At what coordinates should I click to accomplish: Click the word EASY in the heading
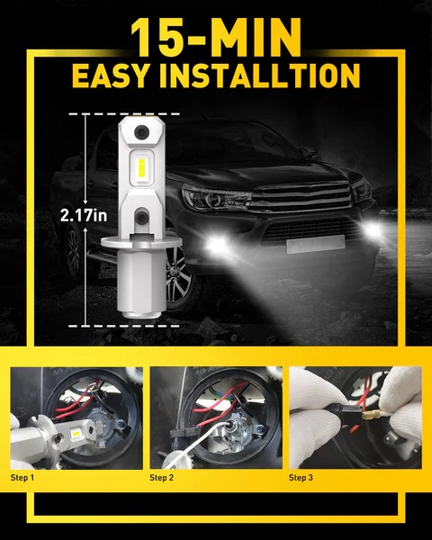pos(112,76)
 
